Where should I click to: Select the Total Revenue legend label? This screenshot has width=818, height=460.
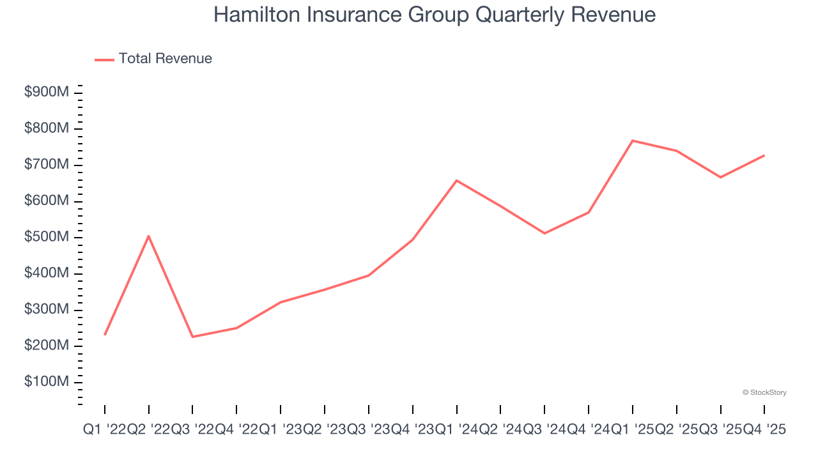tap(165, 59)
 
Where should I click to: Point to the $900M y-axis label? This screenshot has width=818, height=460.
tap(47, 93)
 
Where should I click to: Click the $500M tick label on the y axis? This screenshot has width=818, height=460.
tap(47, 238)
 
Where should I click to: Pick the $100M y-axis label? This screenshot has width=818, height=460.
tap(47, 382)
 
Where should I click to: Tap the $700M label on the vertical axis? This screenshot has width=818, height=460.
tap(47, 165)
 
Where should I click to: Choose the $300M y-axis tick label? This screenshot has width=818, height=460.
tap(47, 310)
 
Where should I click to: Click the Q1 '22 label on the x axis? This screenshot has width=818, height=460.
tap(104, 431)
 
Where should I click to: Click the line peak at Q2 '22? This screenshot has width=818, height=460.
tap(148, 236)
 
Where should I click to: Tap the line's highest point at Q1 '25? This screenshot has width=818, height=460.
tap(633, 141)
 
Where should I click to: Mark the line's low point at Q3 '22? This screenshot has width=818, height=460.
tap(192, 337)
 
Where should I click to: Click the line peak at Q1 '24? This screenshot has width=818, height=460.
tap(456, 180)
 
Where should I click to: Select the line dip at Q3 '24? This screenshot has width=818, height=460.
tap(544, 233)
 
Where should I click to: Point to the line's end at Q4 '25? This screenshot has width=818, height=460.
tap(764, 155)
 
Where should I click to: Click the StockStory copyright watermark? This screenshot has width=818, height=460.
tap(764, 392)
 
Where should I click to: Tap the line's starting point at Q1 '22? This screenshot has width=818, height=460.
tap(105, 334)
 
